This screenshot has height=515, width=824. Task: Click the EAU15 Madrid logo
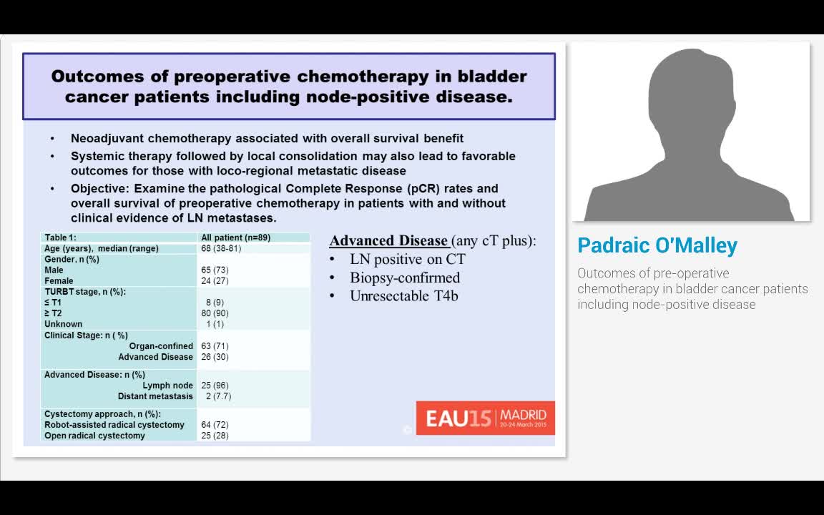[x=485, y=418]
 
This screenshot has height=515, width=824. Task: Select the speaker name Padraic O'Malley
[x=657, y=245]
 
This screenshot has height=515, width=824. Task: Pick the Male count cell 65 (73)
[x=215, y=270]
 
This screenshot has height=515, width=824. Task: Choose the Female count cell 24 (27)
[x=215, y=281]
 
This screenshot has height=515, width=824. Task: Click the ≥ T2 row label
[x=54, y=313]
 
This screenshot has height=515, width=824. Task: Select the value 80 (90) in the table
[x=215, y=313]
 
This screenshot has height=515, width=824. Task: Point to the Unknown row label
[x=63, y=324]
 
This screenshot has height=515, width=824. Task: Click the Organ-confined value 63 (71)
[x=215, y=346]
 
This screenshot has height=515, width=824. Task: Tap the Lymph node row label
[x=167, y=386]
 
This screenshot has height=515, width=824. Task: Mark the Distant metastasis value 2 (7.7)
[x=218, y=396]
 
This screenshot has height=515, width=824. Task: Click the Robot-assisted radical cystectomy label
[x=114, y=425]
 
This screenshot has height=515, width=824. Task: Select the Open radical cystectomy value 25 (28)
[x=215, y=436]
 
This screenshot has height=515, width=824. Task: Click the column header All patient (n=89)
[x=235, y=237]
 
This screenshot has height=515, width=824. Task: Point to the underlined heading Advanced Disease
[x=388, y=241]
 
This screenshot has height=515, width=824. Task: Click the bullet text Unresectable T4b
[x=403, y=295]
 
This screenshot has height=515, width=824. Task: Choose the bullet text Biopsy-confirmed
[x=404, y=278]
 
